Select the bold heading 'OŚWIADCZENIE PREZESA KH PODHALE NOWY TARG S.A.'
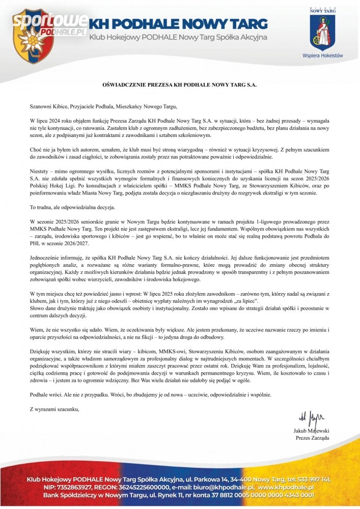pos(180,86)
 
